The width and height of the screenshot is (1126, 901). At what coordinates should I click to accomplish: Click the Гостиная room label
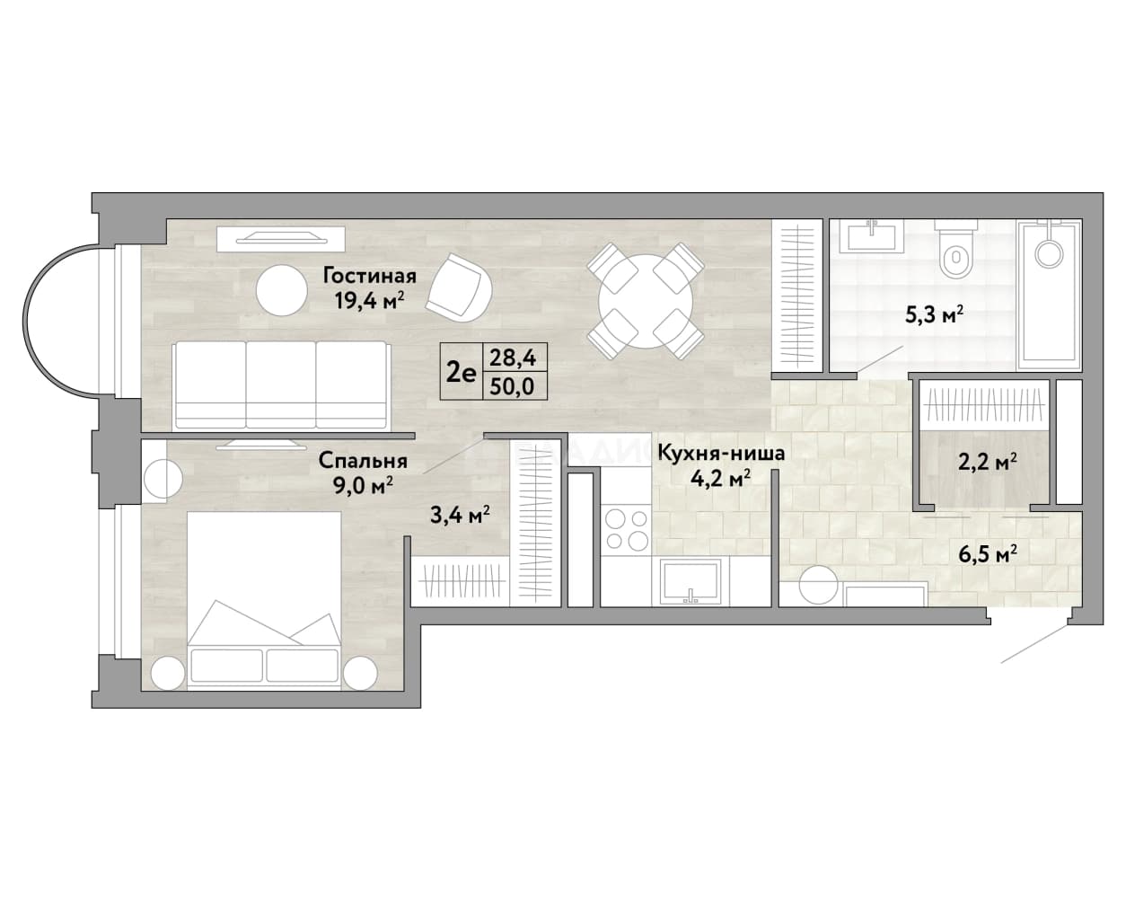pos(369,276)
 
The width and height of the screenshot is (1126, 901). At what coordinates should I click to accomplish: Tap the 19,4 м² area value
pos(369,301)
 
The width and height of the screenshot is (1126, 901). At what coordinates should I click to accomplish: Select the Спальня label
pos(363,461)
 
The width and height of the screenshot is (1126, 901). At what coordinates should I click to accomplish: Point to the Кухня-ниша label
pos(721,453)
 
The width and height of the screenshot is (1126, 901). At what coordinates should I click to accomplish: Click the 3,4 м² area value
pos(460,515)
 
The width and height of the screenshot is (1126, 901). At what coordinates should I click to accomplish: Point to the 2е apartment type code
pos(461,374)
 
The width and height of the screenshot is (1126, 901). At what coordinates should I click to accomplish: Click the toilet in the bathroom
pos(956,250)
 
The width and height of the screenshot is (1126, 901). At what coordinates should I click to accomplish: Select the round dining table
pos(646,302)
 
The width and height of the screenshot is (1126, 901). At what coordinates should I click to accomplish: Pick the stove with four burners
pos(626,529)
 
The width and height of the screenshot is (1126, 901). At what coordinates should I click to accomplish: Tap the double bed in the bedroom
pos(264,600)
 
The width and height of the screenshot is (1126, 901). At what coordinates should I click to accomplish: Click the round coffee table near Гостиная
pos(282,290)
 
